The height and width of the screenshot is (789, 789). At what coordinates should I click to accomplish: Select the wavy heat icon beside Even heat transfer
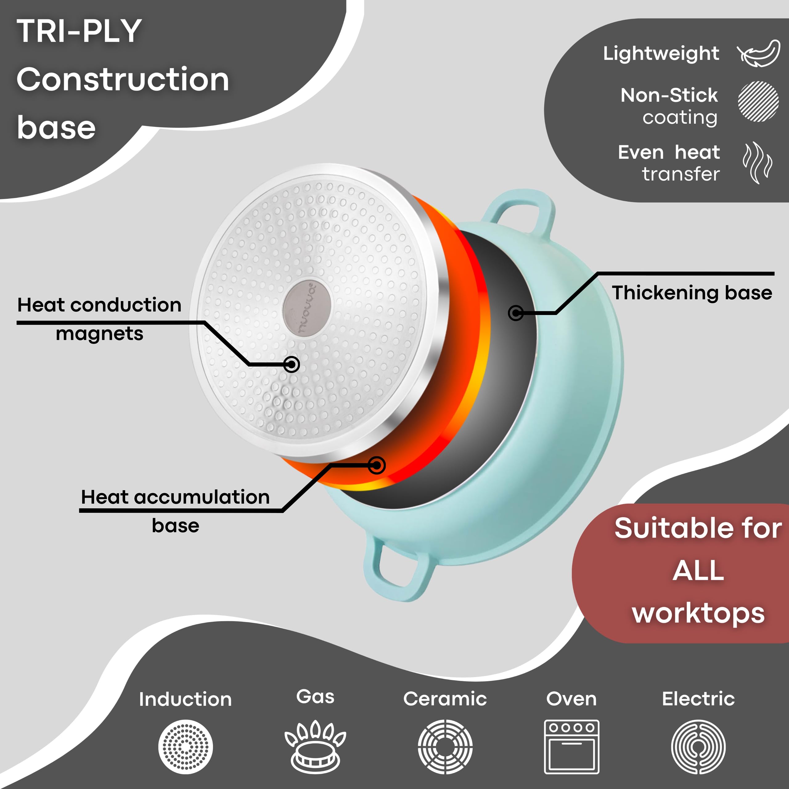758,162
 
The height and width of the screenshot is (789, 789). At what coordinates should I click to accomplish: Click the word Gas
315,697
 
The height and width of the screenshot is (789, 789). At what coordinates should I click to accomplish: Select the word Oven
571,699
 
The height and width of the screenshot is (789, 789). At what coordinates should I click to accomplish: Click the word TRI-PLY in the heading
79,31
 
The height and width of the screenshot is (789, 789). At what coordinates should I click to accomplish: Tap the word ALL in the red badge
698,570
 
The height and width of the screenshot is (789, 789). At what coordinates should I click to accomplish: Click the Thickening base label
692,293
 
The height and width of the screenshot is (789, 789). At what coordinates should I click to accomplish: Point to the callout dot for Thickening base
516,313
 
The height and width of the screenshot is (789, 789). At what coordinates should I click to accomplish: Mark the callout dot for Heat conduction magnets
292,364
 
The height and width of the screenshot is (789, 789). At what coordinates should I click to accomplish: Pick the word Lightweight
661,54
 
